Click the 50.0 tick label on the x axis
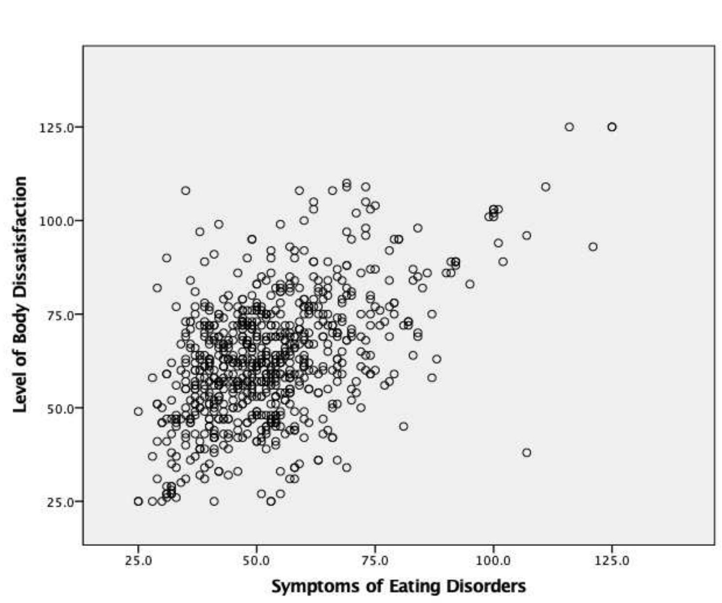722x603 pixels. [256, 561]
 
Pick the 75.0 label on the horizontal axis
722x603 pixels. [375, 561]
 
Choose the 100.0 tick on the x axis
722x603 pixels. [493, 561]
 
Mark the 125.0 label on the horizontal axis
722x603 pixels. [612, 561]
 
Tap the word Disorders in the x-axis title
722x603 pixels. [488, 585]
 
